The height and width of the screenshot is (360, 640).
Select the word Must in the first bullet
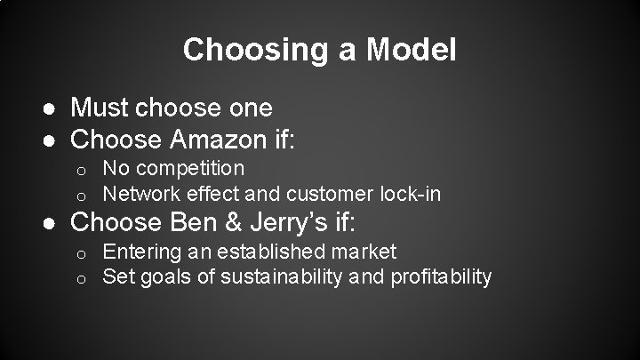[100, 108]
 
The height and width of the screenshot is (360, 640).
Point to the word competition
[191, 168]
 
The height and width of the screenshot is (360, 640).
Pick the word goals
[170, 277]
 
